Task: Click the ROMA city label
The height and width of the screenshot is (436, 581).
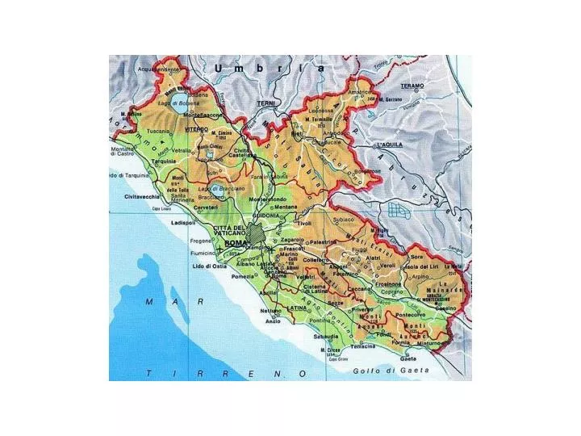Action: [x=236, y=243]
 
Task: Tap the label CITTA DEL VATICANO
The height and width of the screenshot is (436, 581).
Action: [x=232, y=231]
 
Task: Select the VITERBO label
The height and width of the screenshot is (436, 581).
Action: [x=196, y=129]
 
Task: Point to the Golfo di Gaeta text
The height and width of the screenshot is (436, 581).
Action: [x=391, y=371]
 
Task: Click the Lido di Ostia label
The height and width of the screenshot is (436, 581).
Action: [x=209, y=266]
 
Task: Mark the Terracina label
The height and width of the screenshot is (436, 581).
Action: [x=363, y=346]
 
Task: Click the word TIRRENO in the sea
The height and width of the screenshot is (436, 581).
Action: [x=226, y=373]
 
